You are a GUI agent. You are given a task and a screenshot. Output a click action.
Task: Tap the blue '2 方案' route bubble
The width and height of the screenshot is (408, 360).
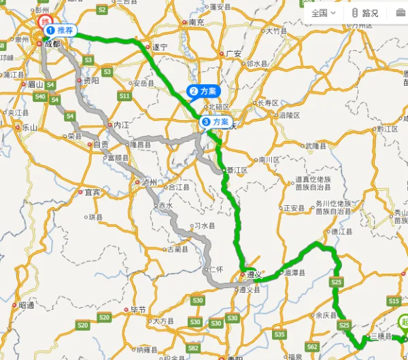click(204, 91)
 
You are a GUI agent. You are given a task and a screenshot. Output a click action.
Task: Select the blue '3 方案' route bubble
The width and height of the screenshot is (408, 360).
click(215, 122)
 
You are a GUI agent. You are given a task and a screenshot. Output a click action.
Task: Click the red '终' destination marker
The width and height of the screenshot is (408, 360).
click(46, 22)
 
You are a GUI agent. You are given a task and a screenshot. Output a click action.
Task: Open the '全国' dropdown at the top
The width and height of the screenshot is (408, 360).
click(323, 13)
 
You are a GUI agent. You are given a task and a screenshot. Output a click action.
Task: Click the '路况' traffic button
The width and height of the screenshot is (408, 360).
click(366, 13)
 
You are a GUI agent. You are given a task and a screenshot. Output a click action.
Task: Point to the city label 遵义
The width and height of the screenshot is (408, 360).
click(254, 275)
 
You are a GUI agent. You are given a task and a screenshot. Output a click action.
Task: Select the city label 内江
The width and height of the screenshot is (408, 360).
click(121, 125)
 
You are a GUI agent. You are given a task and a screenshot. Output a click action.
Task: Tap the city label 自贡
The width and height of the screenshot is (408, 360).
click(101, 145)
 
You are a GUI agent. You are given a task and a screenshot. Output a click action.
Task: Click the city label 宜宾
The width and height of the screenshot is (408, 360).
click(92, 192)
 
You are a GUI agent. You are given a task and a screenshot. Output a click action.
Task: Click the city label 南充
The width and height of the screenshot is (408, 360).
click(196, 22)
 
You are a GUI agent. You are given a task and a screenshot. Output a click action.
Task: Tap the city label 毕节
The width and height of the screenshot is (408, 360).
click(138, 310)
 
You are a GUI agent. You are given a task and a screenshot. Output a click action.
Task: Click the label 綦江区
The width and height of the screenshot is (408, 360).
click(237, 170)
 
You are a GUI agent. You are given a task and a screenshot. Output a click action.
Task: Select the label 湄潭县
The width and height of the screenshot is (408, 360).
click(295, 272)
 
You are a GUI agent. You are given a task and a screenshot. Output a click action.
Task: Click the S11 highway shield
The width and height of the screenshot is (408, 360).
click(124, 96)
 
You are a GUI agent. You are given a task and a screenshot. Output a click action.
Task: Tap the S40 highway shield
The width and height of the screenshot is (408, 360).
click(40, 97)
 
